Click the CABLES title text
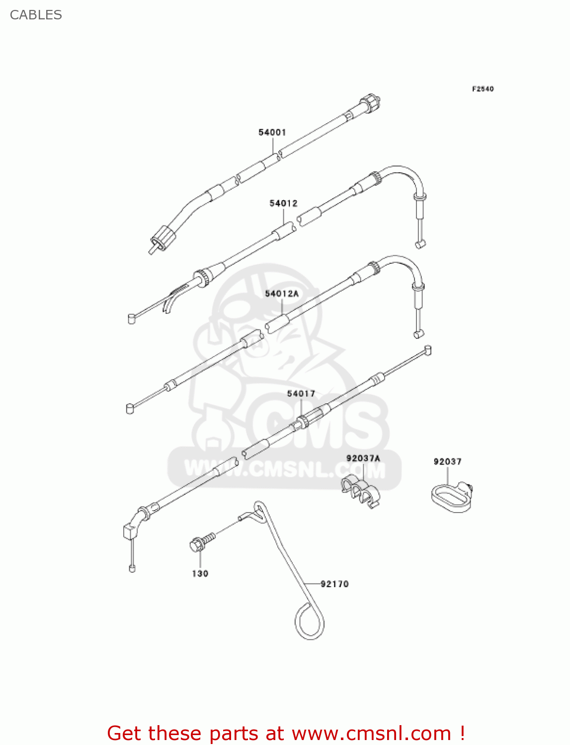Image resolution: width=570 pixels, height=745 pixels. pos(36,15)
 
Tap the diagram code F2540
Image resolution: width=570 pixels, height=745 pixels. pos(483,89)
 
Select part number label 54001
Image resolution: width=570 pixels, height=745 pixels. pos(272,132)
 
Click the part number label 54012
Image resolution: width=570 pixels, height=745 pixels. pos(283,203)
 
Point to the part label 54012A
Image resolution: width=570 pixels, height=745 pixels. pos(282,294)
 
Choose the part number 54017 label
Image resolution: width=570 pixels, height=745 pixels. pos(301,393)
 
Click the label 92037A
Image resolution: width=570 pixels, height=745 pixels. pos(363,458)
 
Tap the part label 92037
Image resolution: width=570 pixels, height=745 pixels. pos(447,461)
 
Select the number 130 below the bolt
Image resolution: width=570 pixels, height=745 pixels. pos(200,574)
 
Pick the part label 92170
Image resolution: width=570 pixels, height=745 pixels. pos(334,584)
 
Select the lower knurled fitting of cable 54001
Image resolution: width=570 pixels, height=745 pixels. pos(162,237)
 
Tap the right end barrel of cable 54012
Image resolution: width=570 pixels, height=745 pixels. pos(420,244)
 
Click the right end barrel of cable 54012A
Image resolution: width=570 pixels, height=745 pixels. pos(418,334)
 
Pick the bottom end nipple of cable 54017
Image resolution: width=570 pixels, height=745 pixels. pos(132,568)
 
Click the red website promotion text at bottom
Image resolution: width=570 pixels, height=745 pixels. pos(286,733)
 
